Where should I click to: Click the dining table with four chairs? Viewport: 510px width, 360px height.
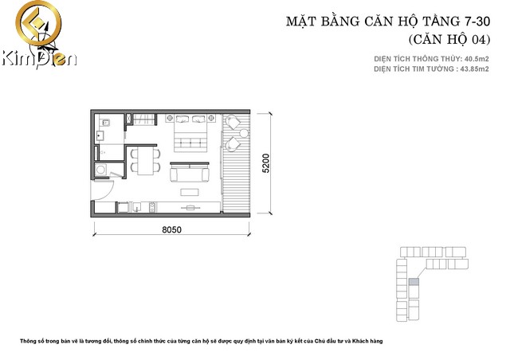(144, 160)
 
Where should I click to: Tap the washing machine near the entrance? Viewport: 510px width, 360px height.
(100, 170)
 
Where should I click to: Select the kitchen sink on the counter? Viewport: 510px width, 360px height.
(138, 208)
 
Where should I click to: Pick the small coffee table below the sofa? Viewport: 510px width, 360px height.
(190, 191)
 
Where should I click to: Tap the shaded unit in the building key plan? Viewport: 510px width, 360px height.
(413, 282)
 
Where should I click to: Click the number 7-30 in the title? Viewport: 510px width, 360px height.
(469, 22)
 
